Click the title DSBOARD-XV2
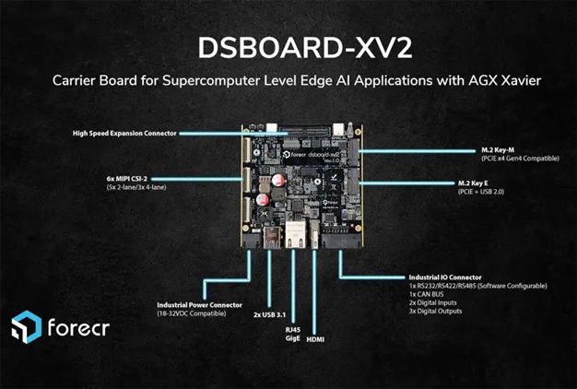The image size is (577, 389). click(x=288, y=49)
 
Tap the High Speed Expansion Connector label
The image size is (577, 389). click(x=124, y=133)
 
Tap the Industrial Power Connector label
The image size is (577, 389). click(x=198, y=303)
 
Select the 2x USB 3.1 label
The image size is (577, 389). click(x=269, y=312)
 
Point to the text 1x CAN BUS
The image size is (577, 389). click(x=430, y=294)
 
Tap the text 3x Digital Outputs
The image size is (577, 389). click(x=442, y=312)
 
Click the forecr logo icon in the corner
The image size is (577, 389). click(x=25, y=328)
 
